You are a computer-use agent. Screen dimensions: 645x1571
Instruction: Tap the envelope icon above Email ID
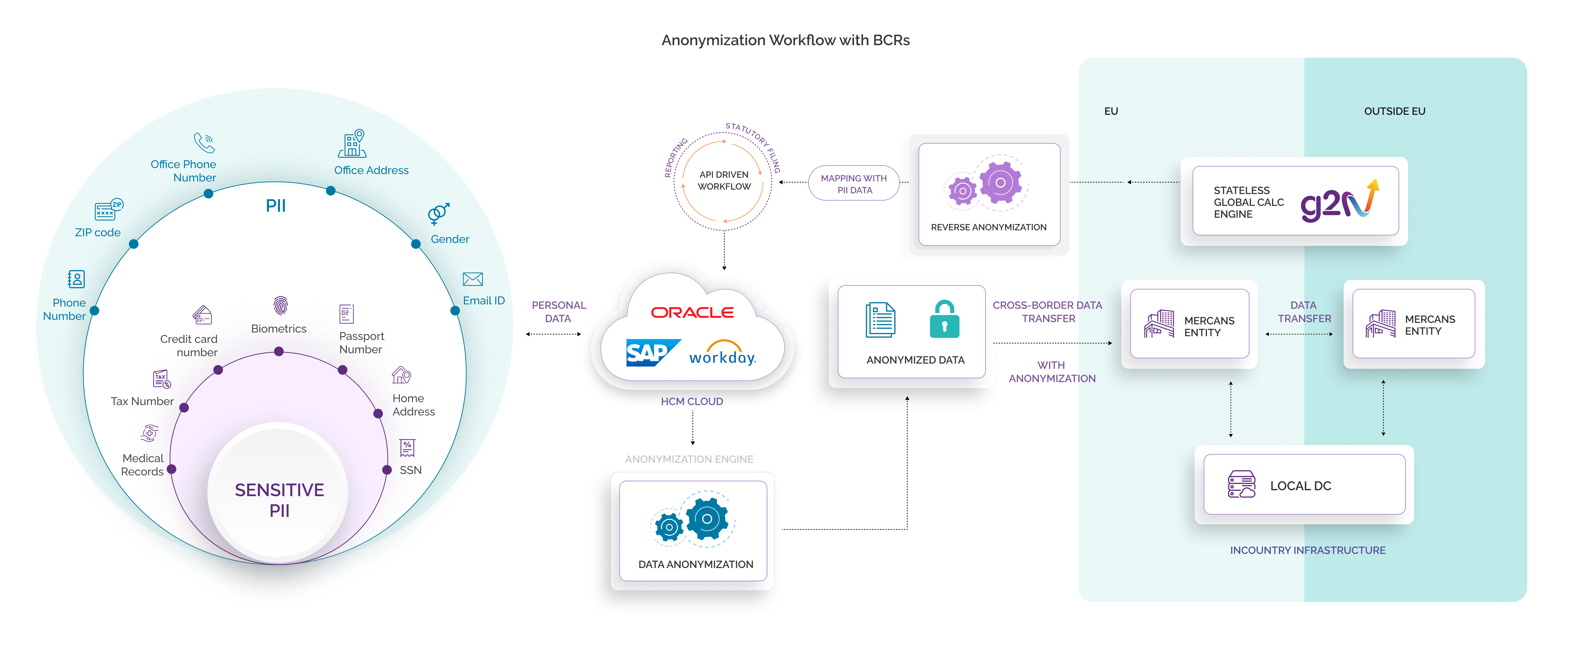[473, 279]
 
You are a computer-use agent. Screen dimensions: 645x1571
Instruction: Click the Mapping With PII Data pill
[854, 183]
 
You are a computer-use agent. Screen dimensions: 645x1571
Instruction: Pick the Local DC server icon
[1241, 485]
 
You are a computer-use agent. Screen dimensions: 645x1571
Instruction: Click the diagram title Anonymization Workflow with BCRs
[785, 40]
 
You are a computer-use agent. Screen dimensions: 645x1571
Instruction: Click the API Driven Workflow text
[724, 181]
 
